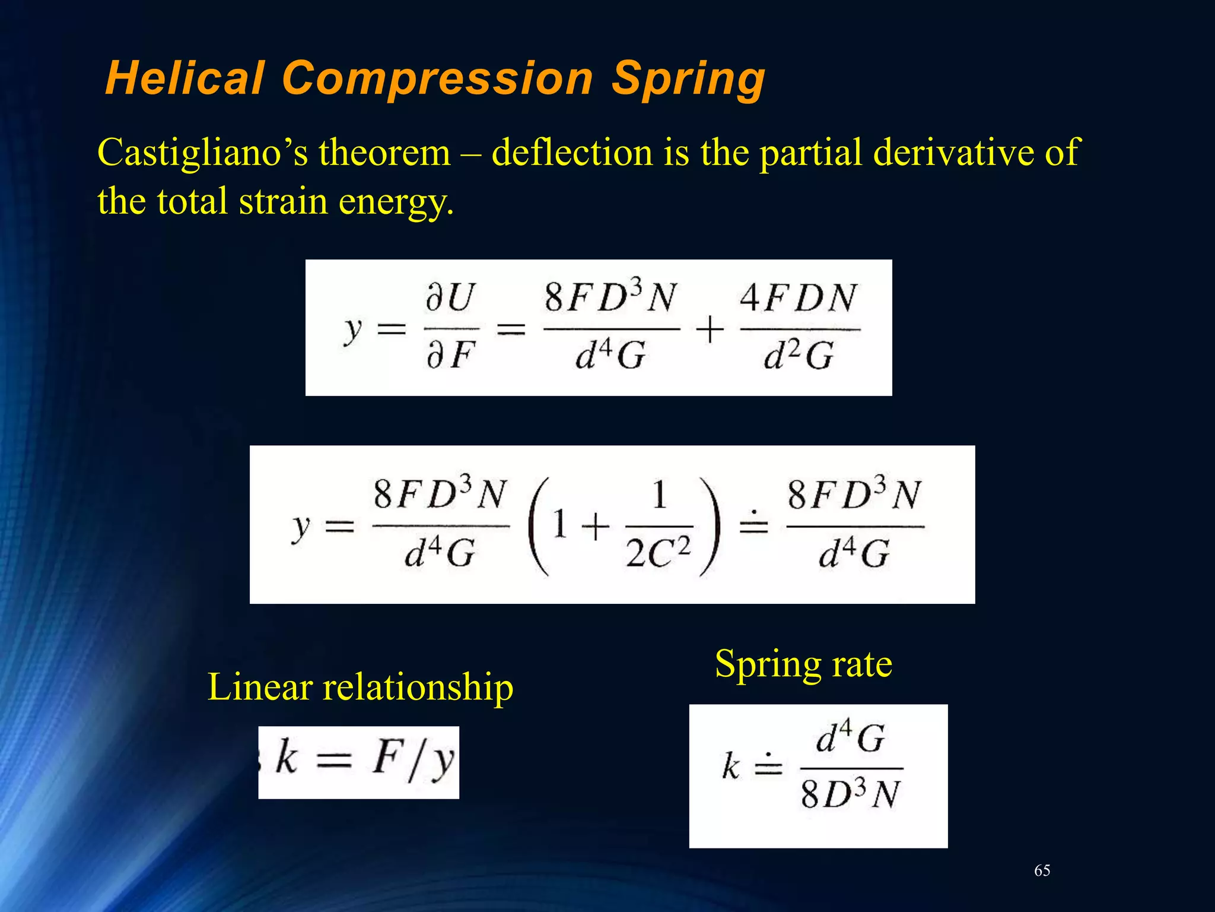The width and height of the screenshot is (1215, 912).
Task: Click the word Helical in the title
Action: tap(185, 78)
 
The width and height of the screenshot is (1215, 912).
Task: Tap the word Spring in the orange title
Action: tap(688, 80)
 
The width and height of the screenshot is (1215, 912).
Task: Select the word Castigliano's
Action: tap(202, 153)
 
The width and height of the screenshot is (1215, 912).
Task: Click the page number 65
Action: tap(1042, 870)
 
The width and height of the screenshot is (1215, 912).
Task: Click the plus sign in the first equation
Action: tap(710, 330)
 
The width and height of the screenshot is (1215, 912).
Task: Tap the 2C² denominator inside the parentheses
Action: tap(659, 553)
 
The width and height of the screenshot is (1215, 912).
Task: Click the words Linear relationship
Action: tap(360, 687)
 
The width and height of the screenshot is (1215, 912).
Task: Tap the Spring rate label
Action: tap(803, 664)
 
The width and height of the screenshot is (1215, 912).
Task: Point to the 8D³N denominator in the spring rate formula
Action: tap(850, 794)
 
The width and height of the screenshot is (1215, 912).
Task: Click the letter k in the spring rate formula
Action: tap(731, 766)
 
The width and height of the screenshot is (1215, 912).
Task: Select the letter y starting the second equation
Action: tap(301, 527)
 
